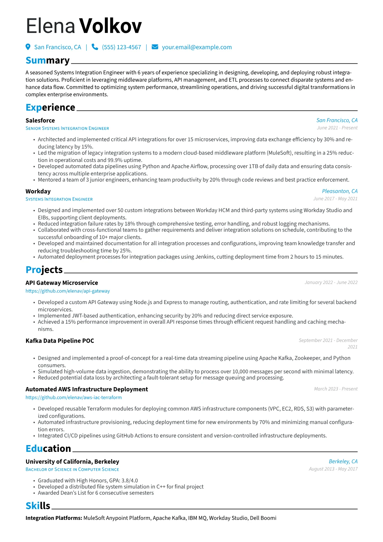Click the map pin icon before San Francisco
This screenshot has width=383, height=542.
point(28,47)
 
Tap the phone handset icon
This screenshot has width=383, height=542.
point(95,47)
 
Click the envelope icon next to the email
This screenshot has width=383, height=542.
point(155,47)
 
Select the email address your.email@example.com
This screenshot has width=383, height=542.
point(197,47)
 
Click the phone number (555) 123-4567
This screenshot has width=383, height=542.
point(121,47)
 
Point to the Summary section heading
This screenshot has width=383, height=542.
point(48,60)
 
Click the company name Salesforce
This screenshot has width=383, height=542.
point(40,120)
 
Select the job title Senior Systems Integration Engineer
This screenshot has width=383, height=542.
point(67,128)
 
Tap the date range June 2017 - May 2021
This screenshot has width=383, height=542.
point(335,199)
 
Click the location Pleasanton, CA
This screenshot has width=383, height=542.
point(340,191)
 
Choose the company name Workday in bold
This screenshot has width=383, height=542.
point(38,191)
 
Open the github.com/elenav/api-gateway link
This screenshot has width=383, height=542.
point(68,291)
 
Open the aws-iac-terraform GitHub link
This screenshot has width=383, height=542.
point(74,398)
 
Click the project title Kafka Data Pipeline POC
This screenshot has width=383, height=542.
point(60,341)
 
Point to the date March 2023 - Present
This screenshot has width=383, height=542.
point(335,389)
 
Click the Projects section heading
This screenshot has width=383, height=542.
point(44,270)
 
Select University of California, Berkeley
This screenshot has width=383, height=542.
point(72,461)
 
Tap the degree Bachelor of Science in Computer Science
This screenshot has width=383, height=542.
point(72,470)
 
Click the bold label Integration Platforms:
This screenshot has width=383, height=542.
point(54,518)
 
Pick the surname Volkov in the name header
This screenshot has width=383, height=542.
point(110,26)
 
